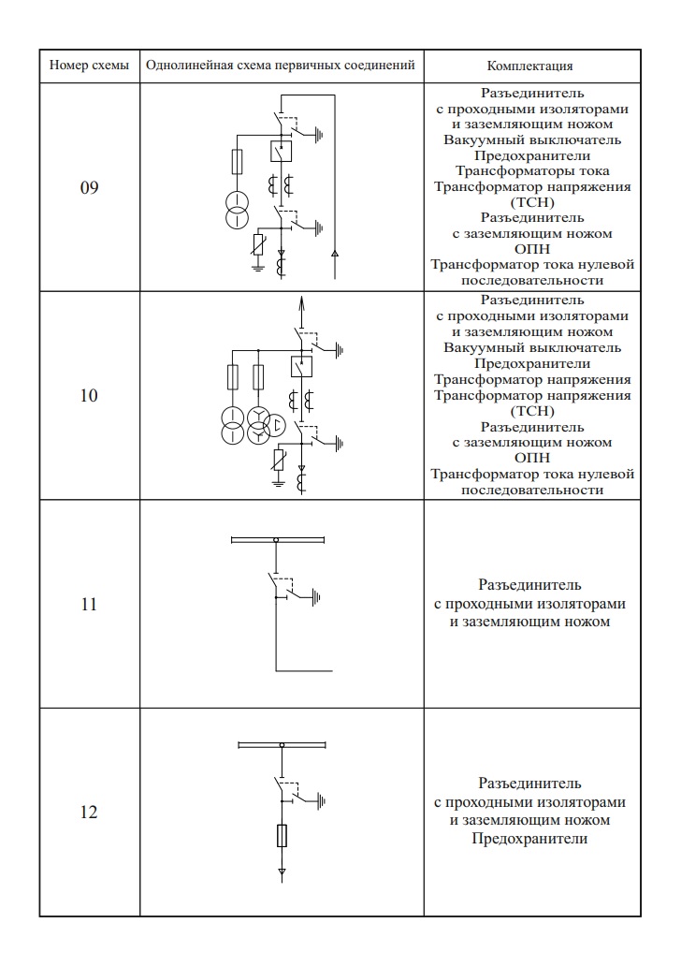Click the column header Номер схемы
point(89,66)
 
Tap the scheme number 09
point(89,187)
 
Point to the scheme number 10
point(89,396)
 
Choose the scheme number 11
point(89,604)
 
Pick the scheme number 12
point(89,812)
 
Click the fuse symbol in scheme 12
point(282,836)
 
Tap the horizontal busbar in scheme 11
point(277,539)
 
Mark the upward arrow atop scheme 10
point(300,303)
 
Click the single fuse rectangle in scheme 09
point(237,163)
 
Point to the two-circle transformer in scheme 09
point(237,211)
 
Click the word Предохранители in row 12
point(530,839)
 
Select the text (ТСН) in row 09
point(532,202)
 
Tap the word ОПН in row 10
point(532,458)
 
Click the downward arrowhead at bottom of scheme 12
point(282,874)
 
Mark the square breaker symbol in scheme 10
point(300,367)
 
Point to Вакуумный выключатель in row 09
point(532,140)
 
